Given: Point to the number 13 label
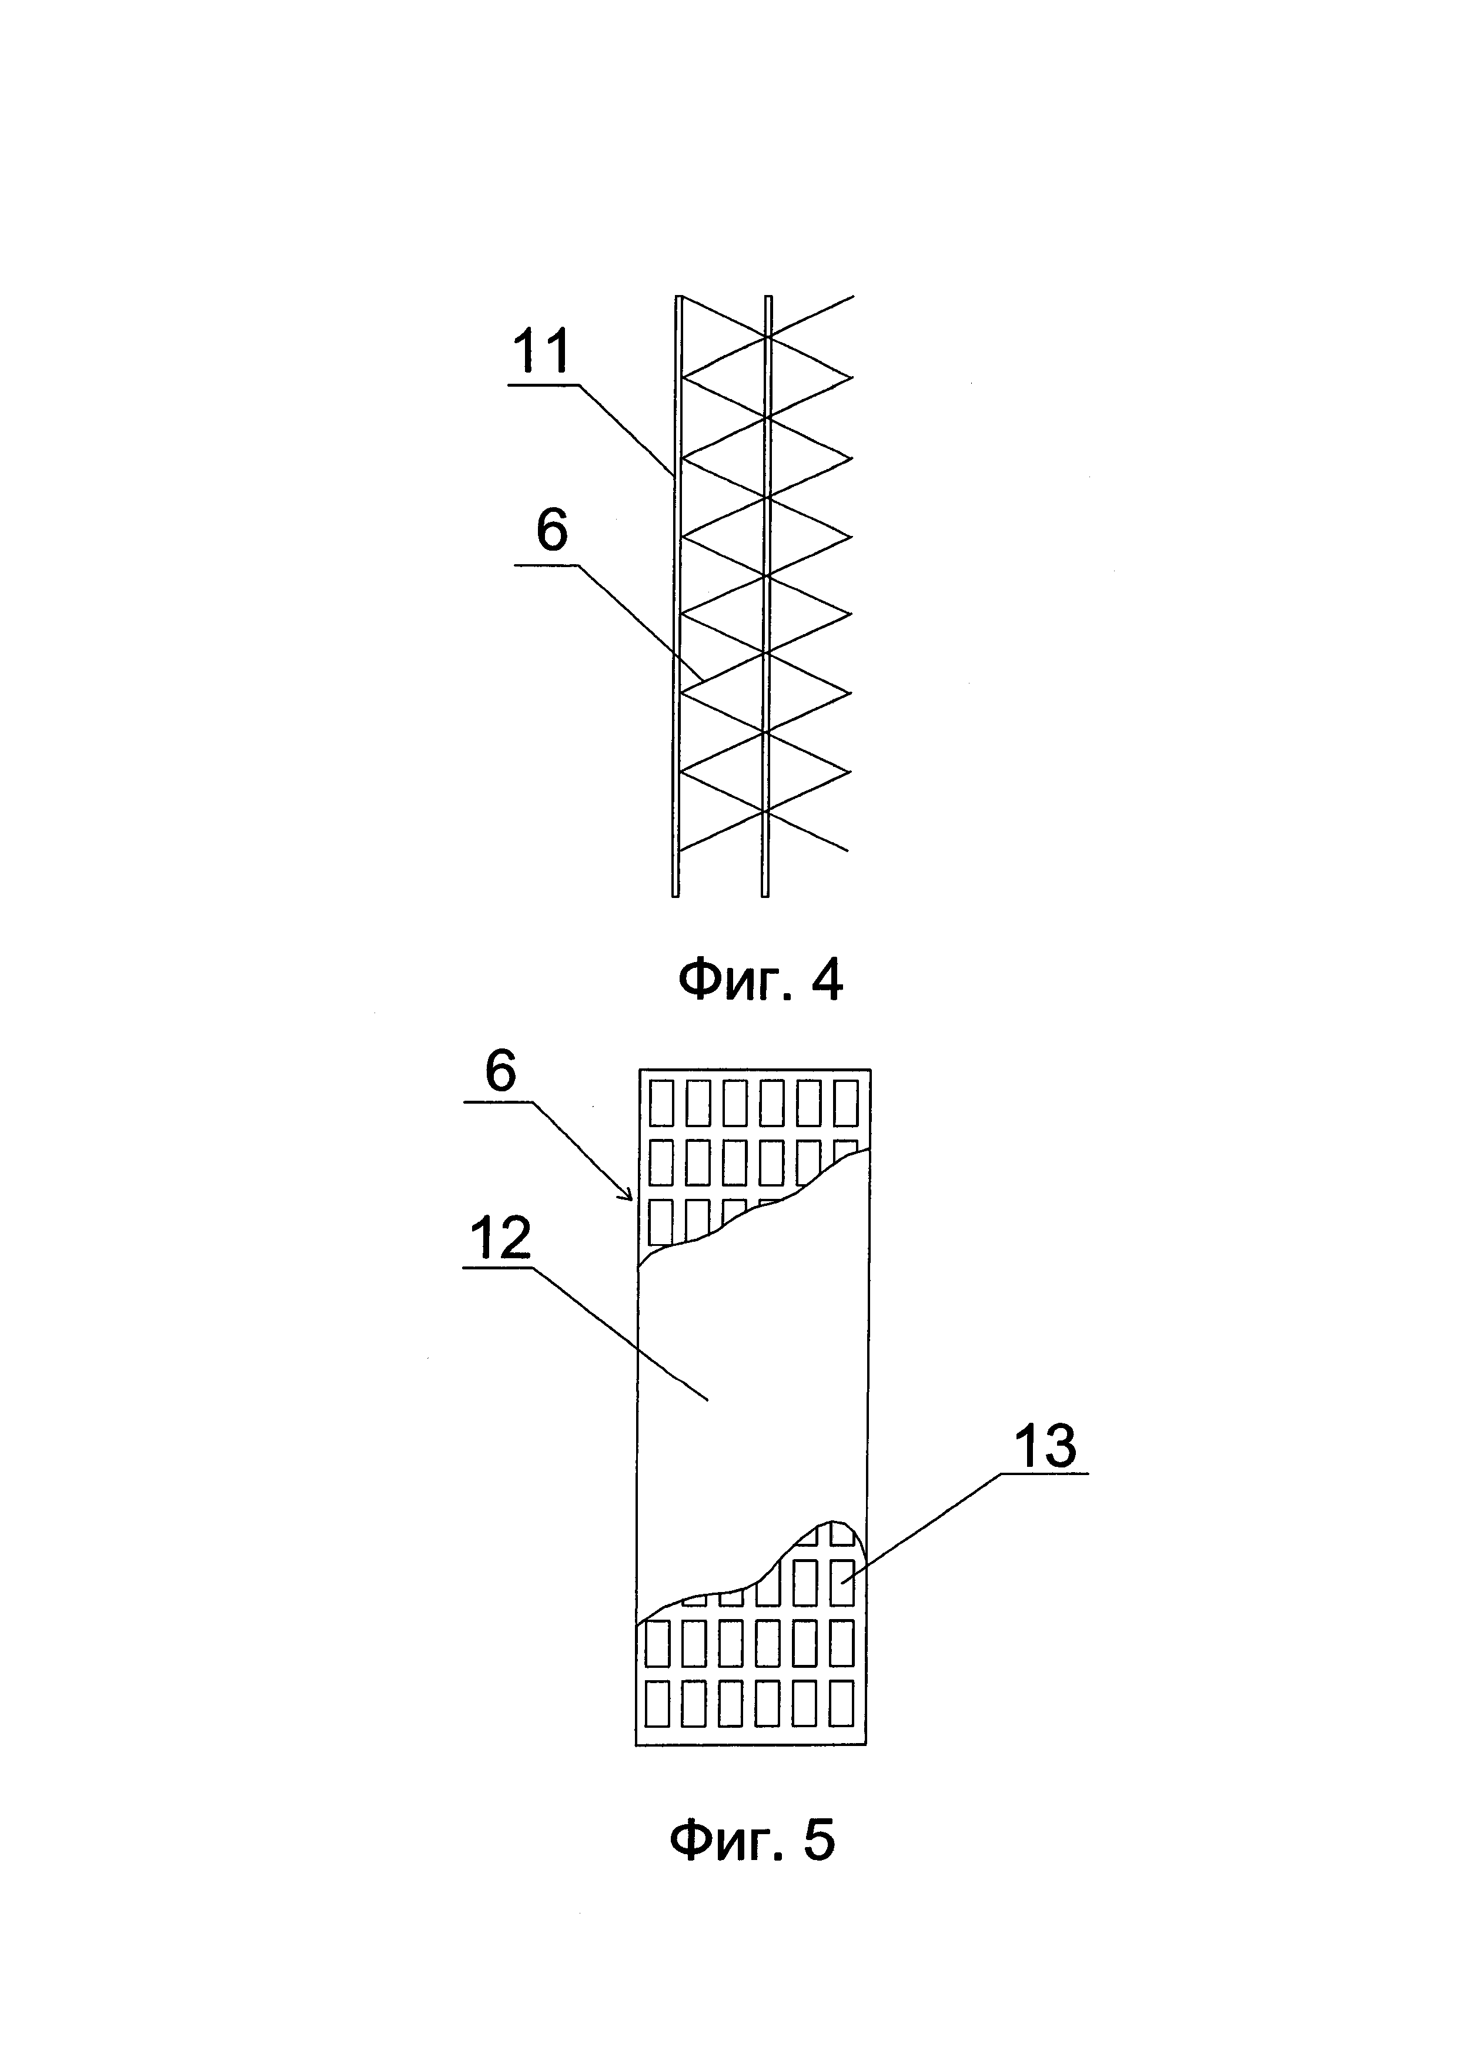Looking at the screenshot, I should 1045,1446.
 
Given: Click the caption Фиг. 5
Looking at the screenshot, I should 753,1841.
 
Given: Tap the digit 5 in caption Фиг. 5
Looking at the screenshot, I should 818,1841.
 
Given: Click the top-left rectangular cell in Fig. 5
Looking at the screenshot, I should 661,1103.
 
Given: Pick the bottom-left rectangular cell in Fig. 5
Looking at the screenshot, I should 658,1704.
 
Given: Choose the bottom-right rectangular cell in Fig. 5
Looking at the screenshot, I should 841,1704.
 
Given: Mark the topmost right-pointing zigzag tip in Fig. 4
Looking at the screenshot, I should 850,378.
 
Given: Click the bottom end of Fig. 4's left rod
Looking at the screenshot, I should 675,893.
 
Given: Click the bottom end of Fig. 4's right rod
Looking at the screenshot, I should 765,893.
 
